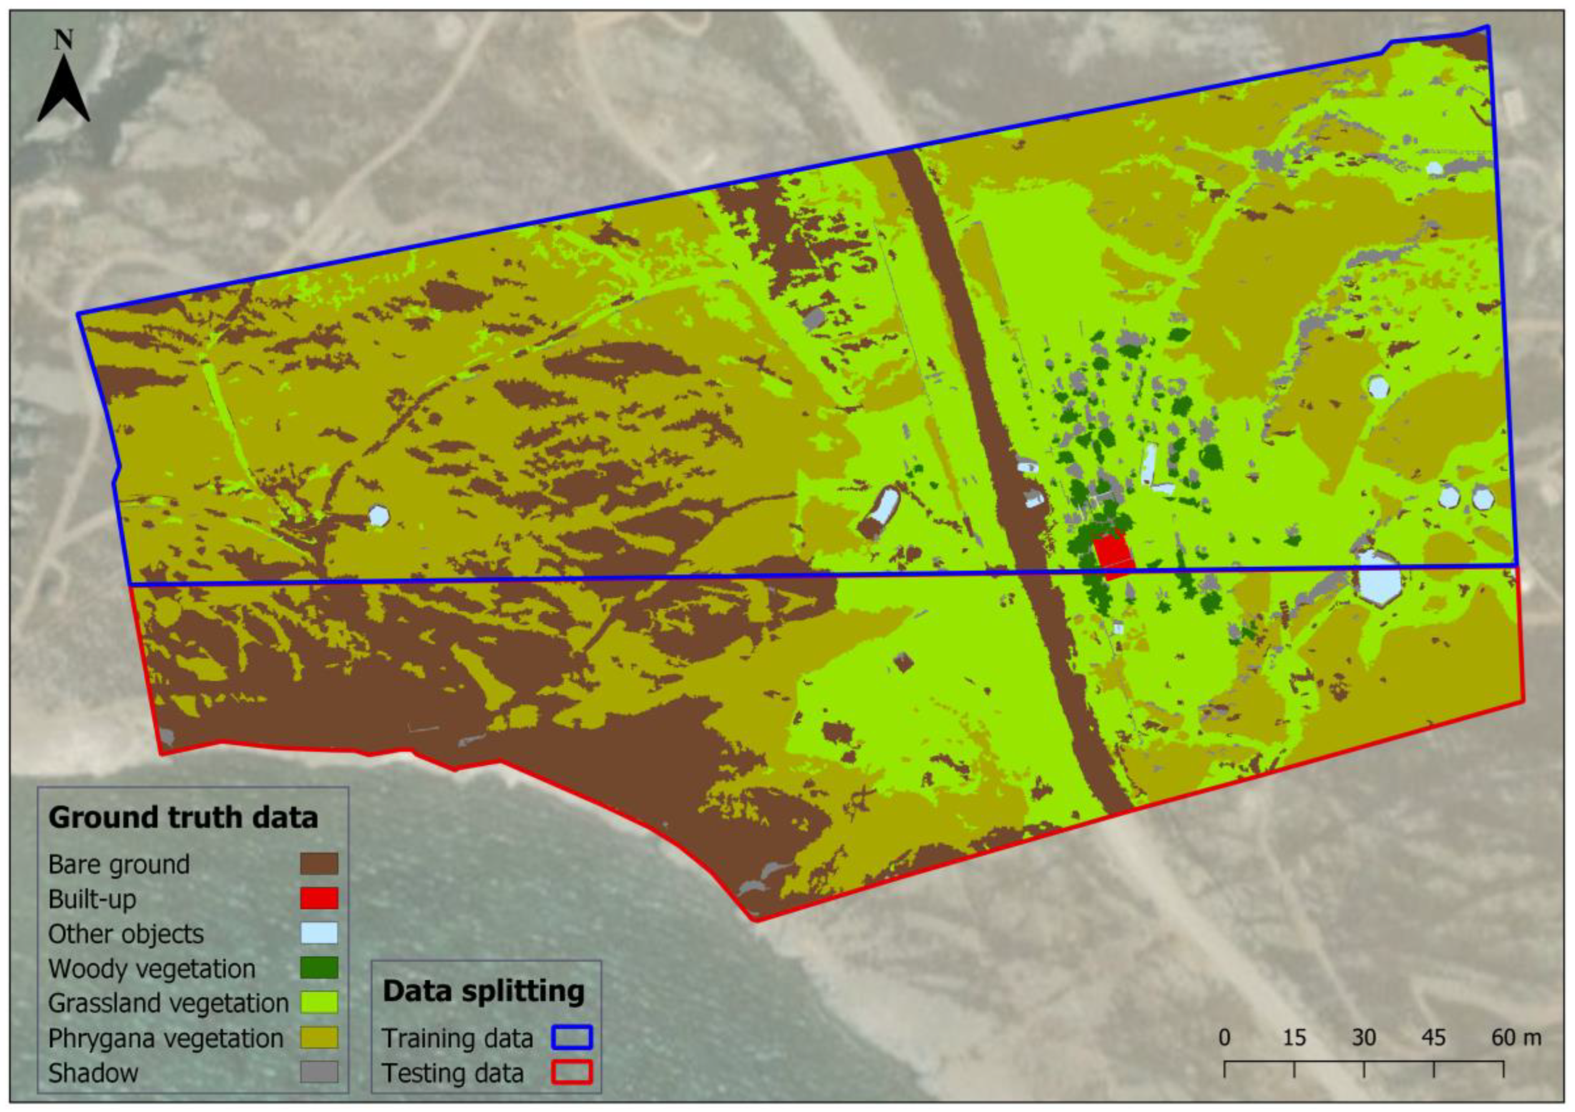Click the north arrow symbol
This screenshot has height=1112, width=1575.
(64, 89)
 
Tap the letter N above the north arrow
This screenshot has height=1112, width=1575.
(64, 41)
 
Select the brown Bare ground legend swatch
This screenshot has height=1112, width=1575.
(319, 864)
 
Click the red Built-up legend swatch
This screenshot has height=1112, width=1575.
(319, 898)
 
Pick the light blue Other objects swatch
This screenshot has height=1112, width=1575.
(319, 933)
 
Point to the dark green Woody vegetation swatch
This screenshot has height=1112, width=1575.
(319, 968)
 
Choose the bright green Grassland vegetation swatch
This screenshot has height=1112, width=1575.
(319, 1002)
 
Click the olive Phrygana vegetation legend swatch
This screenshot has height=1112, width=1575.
(319, 1037)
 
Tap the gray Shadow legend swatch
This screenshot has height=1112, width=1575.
(319, 1072)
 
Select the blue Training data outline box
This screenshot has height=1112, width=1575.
(572, 1037)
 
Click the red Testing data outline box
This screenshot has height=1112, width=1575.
(572, 1072)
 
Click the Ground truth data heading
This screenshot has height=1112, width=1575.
(183, 817)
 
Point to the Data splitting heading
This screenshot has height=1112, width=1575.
(483, 992)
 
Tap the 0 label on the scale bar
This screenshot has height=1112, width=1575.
(1224, 1038)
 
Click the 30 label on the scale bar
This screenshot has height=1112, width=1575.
(1363, 1038)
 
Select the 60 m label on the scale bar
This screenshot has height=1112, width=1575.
(1516, 1038)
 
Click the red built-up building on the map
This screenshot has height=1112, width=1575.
(1113, 551)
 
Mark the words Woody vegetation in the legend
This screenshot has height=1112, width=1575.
(152, 968)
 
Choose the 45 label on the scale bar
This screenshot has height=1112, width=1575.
(1434, 1038)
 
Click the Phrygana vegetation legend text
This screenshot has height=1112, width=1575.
(165, 1038)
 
